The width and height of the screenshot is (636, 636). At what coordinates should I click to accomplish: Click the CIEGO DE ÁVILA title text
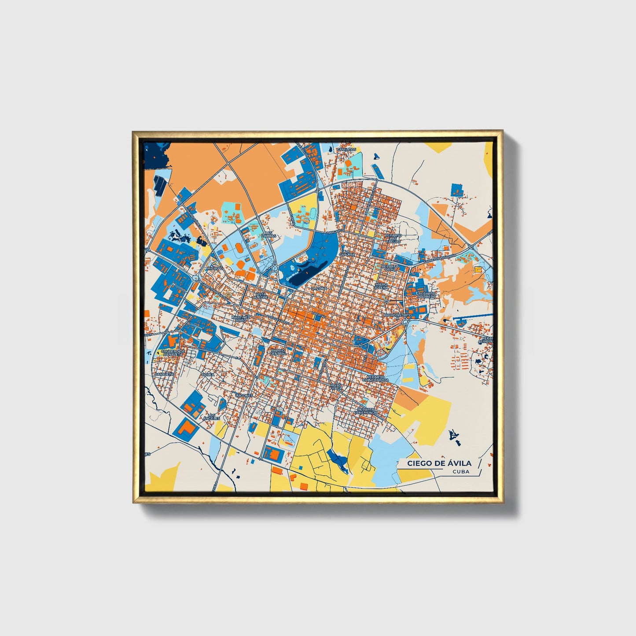click(x=439, y=463)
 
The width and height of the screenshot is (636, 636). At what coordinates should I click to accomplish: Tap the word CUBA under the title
click(x=460, y=471)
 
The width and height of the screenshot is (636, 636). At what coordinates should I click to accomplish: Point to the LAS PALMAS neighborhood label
click(x=268, y=234)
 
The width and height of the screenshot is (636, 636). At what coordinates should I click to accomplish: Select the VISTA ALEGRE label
click(x=261, y=296)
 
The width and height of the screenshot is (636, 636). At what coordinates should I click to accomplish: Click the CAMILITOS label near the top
click(x=346, y=150)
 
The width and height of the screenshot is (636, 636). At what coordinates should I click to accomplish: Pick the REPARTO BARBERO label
click(x=427, y=295)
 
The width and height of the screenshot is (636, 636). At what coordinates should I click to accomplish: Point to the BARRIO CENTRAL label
click(x=278, y=352)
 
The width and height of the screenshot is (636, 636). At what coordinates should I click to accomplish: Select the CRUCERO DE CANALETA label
click(x=172, y=353)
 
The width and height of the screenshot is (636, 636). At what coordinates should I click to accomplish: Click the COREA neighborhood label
click(x=207, y=375)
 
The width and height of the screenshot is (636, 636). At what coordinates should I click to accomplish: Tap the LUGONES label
click(x=244, y=395)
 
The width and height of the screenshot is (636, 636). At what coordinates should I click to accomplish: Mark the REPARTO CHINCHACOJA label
click(x=375, y=379)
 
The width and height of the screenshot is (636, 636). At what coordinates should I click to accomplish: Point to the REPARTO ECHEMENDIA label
click(x=368, y=411)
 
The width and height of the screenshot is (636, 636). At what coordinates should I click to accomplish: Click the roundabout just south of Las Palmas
click(x=275, y=268)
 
